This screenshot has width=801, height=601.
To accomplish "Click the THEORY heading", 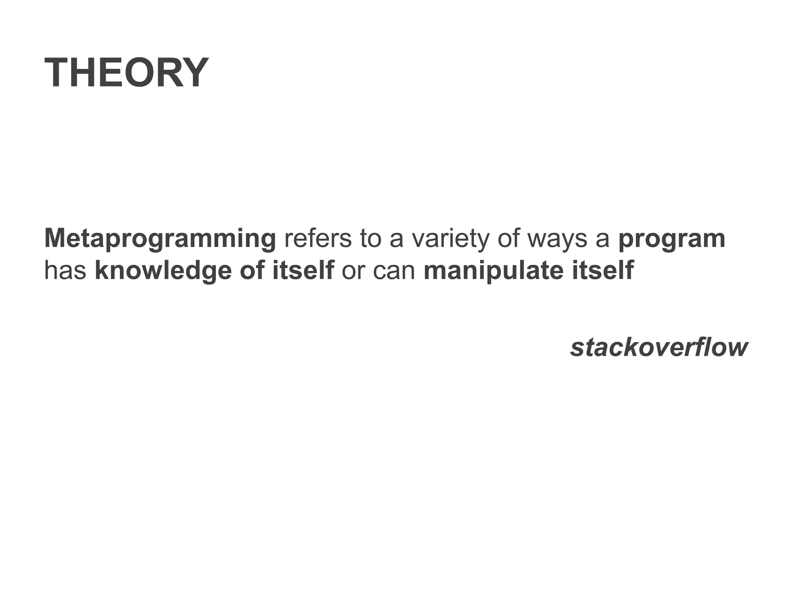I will coord(126,73).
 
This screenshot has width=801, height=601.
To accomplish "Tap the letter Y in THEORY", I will coord(193,73).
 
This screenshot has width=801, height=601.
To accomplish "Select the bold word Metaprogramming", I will coord(160,239).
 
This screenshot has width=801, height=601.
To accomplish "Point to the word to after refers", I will coord(370,238).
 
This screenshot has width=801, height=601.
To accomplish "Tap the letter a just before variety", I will coord(397,239).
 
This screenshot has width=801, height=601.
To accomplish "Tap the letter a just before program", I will coord(603,239).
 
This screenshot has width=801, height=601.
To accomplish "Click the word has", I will coord(65,270).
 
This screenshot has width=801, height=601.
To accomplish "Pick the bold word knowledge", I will coord(163,271).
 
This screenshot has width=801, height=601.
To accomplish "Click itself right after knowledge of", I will coord(303,270).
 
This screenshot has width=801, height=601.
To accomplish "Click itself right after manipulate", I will coord(603,270).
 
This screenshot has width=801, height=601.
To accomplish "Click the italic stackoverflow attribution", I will coord(659,347).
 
